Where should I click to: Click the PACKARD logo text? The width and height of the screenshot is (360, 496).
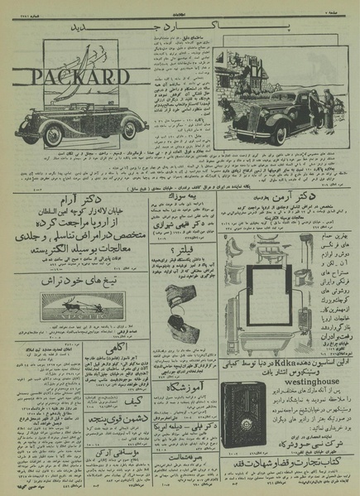(x=79, y=77)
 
